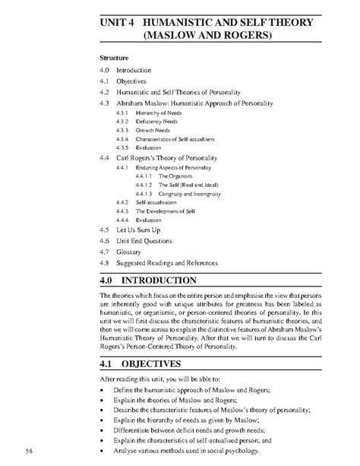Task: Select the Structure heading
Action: (x=115, y=57)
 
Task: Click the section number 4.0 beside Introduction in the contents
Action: (x=106, y=69)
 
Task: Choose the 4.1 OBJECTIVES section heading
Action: (x=146, y=363)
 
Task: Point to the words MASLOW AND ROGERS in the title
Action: (x=205, y=36)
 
